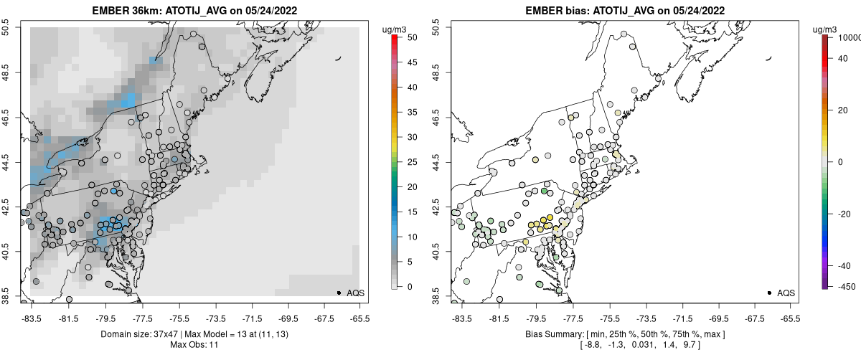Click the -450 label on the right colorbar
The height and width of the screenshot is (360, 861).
point(847,286)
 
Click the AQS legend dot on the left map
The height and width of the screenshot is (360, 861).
point(339,293)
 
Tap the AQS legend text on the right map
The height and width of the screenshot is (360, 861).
point(786,293)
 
